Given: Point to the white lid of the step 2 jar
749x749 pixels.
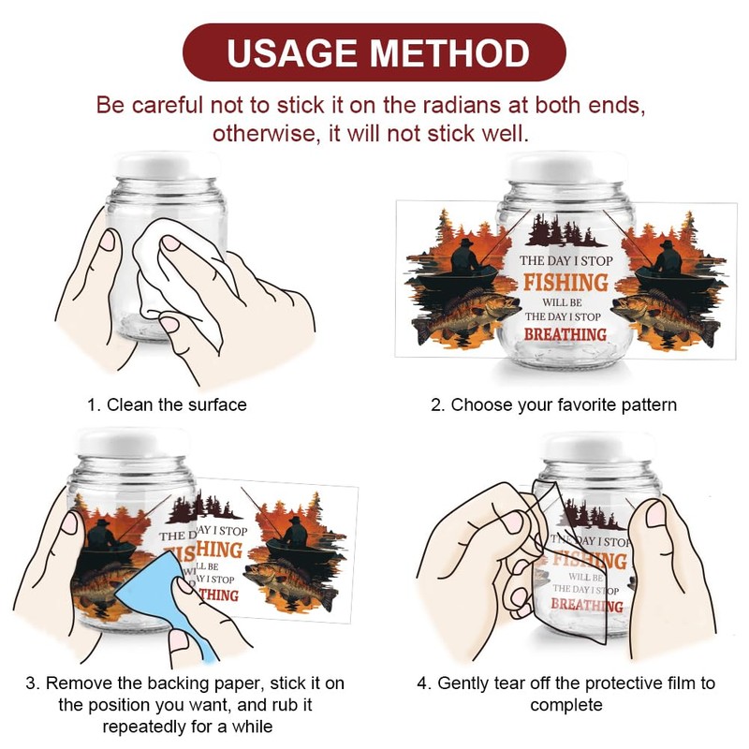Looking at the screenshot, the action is (x=566, y=168).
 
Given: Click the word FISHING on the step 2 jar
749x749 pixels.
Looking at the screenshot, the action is (x=565, y=282).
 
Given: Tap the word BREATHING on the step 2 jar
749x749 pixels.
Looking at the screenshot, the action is (x=565, y=334).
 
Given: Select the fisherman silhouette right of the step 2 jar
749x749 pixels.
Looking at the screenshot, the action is (x=668, y=258).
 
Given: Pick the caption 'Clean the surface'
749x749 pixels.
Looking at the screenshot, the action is (x=176, y=404).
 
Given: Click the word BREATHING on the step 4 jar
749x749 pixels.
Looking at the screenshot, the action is (x=587, y=605).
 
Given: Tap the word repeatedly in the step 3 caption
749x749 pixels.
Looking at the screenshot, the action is (x=144, y=727).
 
